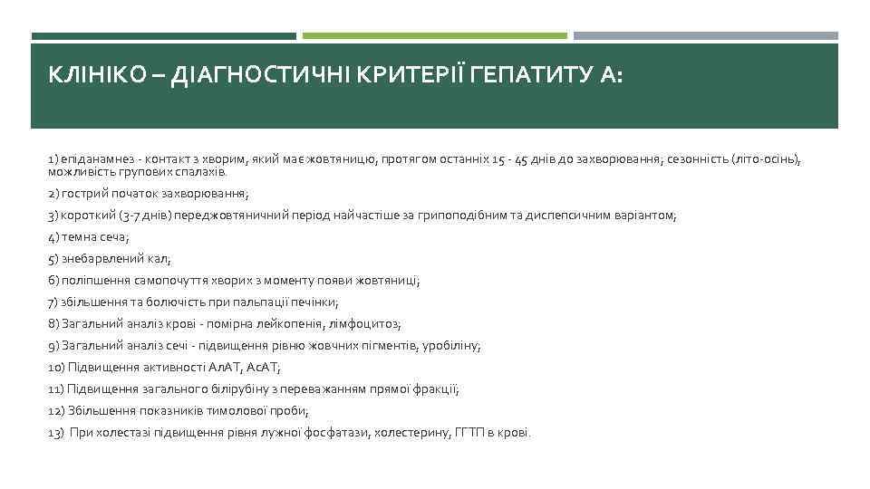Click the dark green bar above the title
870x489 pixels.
(x=163, y=36)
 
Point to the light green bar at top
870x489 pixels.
(x=434, y=36)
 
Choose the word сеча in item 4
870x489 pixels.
(x=113, y=237)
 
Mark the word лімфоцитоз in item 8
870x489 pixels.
(x=366, y=323)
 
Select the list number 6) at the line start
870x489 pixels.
(x=53, y=281)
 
